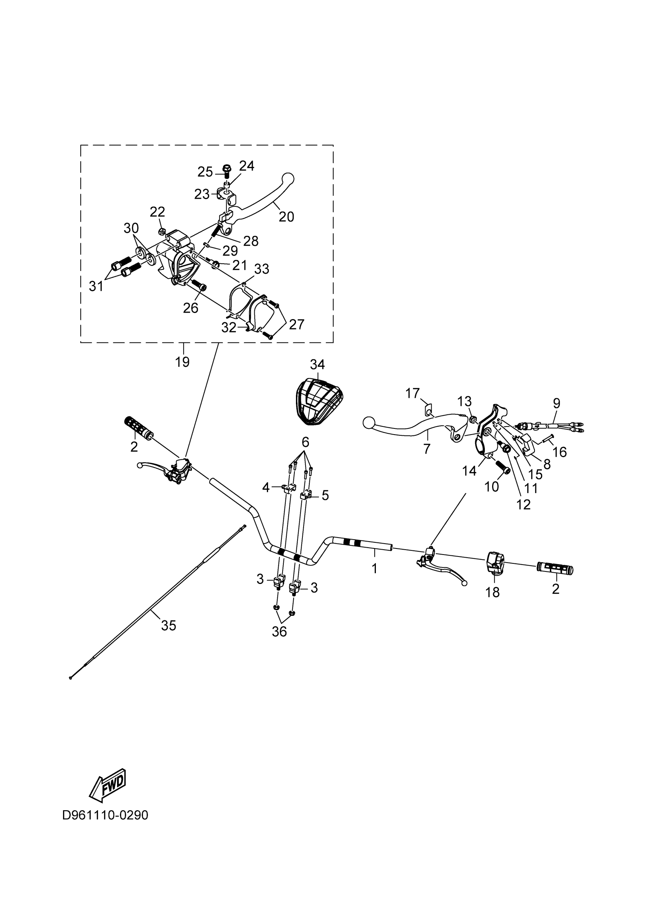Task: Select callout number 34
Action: (x=317, y=364)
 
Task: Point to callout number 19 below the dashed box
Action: (x=182, y=362)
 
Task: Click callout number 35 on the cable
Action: (x=169, y=625)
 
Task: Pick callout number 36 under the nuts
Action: (x=279, y=632)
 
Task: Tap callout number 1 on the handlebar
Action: (x=375, y=568)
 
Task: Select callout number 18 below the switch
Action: (x=492, y=592)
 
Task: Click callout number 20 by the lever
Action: (x=286, y=216)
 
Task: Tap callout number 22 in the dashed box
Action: (x=158, y=212)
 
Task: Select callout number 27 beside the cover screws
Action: (x=296, y=324)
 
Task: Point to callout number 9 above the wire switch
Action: (x=557, y=404)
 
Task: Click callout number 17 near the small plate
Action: (x=413, y=394)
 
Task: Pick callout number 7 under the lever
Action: (x=426, y=449)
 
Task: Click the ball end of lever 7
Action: (x=368, y=423)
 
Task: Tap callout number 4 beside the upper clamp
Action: (x=266, y=488)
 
